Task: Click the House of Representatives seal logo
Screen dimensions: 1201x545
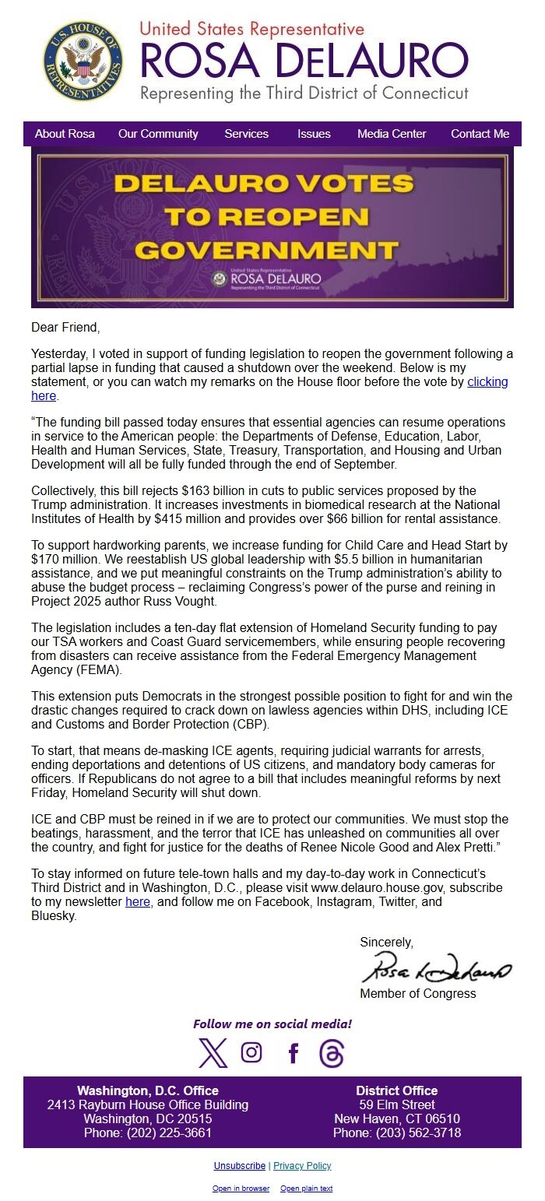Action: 83,61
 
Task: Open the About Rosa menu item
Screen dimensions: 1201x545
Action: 65,134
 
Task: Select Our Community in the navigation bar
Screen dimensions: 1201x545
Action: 158,134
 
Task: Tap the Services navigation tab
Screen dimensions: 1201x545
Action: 246,134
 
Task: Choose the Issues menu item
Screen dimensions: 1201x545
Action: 314,134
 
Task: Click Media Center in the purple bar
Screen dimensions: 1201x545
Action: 392,134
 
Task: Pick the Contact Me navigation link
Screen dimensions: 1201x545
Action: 480,134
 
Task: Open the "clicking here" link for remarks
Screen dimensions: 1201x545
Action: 487,382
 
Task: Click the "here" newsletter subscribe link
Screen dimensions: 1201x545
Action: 138,902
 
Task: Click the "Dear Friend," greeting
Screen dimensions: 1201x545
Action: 65,328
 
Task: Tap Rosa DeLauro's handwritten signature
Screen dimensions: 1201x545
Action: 435,970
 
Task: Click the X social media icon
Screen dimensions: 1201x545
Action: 213,1053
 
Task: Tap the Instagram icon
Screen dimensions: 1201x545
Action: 251,1052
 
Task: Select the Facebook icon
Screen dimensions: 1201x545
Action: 293,1053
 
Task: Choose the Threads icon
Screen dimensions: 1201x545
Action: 332,1053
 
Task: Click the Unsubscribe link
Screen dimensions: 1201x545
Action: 240,1166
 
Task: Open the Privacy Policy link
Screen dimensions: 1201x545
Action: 302,1166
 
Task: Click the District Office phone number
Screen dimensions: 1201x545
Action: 397,1133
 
